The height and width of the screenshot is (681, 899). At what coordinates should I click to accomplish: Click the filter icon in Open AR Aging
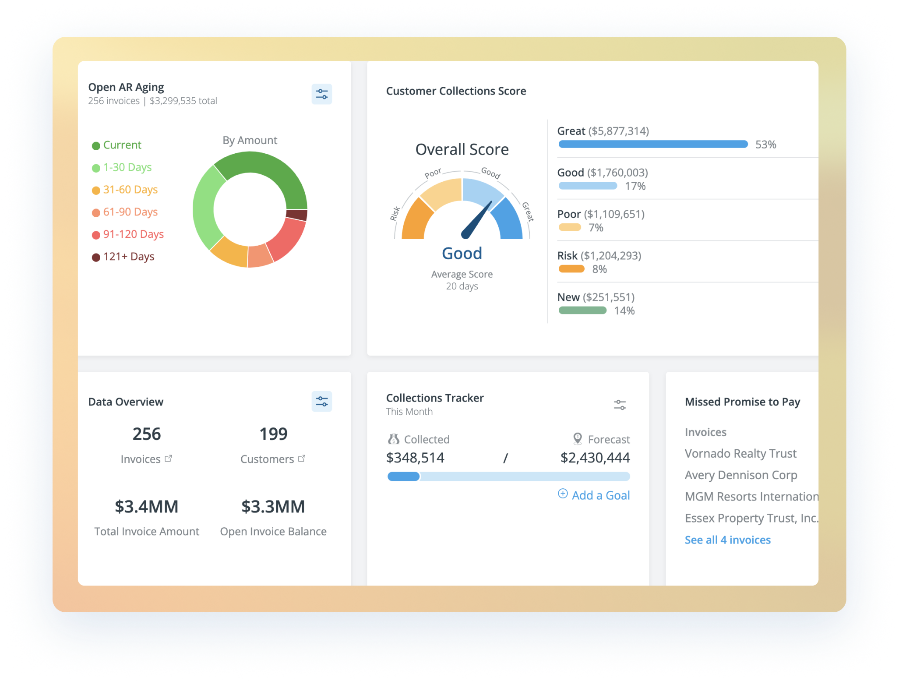pos(321,94)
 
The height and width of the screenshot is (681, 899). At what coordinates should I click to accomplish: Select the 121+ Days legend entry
pos(128,257)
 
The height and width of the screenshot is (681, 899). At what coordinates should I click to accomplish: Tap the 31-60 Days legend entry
pos(130,190)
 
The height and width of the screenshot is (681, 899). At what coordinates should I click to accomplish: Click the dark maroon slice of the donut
pos(297,215)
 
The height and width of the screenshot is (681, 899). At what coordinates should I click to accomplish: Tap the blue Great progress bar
pos(653,144)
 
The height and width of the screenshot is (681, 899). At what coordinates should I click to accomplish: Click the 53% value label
pos(765,145)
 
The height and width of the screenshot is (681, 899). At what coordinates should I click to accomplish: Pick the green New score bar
pos(582,311)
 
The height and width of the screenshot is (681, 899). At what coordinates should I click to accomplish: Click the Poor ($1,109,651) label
pos(601,214)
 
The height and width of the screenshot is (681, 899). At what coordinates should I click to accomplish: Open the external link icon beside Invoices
pos(169,459)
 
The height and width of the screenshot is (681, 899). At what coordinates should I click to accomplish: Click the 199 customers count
pos(273,434)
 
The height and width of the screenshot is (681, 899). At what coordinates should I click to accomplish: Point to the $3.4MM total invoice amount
pos(147,507)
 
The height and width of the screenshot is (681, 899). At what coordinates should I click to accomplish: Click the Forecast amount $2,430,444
pos(595,458)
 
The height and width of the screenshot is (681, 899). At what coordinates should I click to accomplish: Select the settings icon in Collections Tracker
pos(620,405)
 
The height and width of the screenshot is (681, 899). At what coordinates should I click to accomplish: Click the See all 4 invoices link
pos(727,540)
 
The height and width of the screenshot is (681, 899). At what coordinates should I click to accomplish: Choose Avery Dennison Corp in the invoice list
pos(740,475)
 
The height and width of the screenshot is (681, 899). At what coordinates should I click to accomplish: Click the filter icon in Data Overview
pos(321,402)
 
